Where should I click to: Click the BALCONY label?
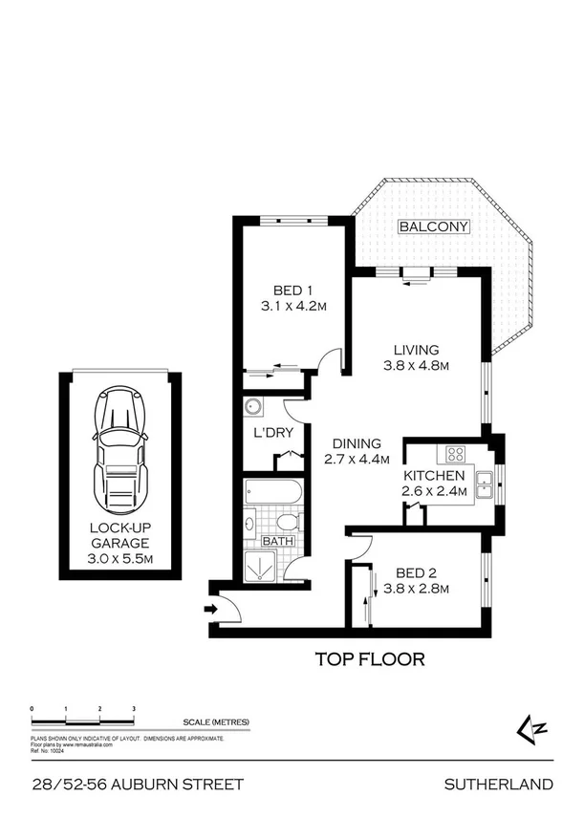coord(434,226)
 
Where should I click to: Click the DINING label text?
coord(357,443)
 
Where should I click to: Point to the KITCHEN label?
coord(433,476)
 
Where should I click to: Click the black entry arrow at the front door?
coord(209,607)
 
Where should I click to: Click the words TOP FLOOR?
coord(369,658)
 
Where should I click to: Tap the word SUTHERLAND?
coord(498,785)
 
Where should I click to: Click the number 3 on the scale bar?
coord(134,708)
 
